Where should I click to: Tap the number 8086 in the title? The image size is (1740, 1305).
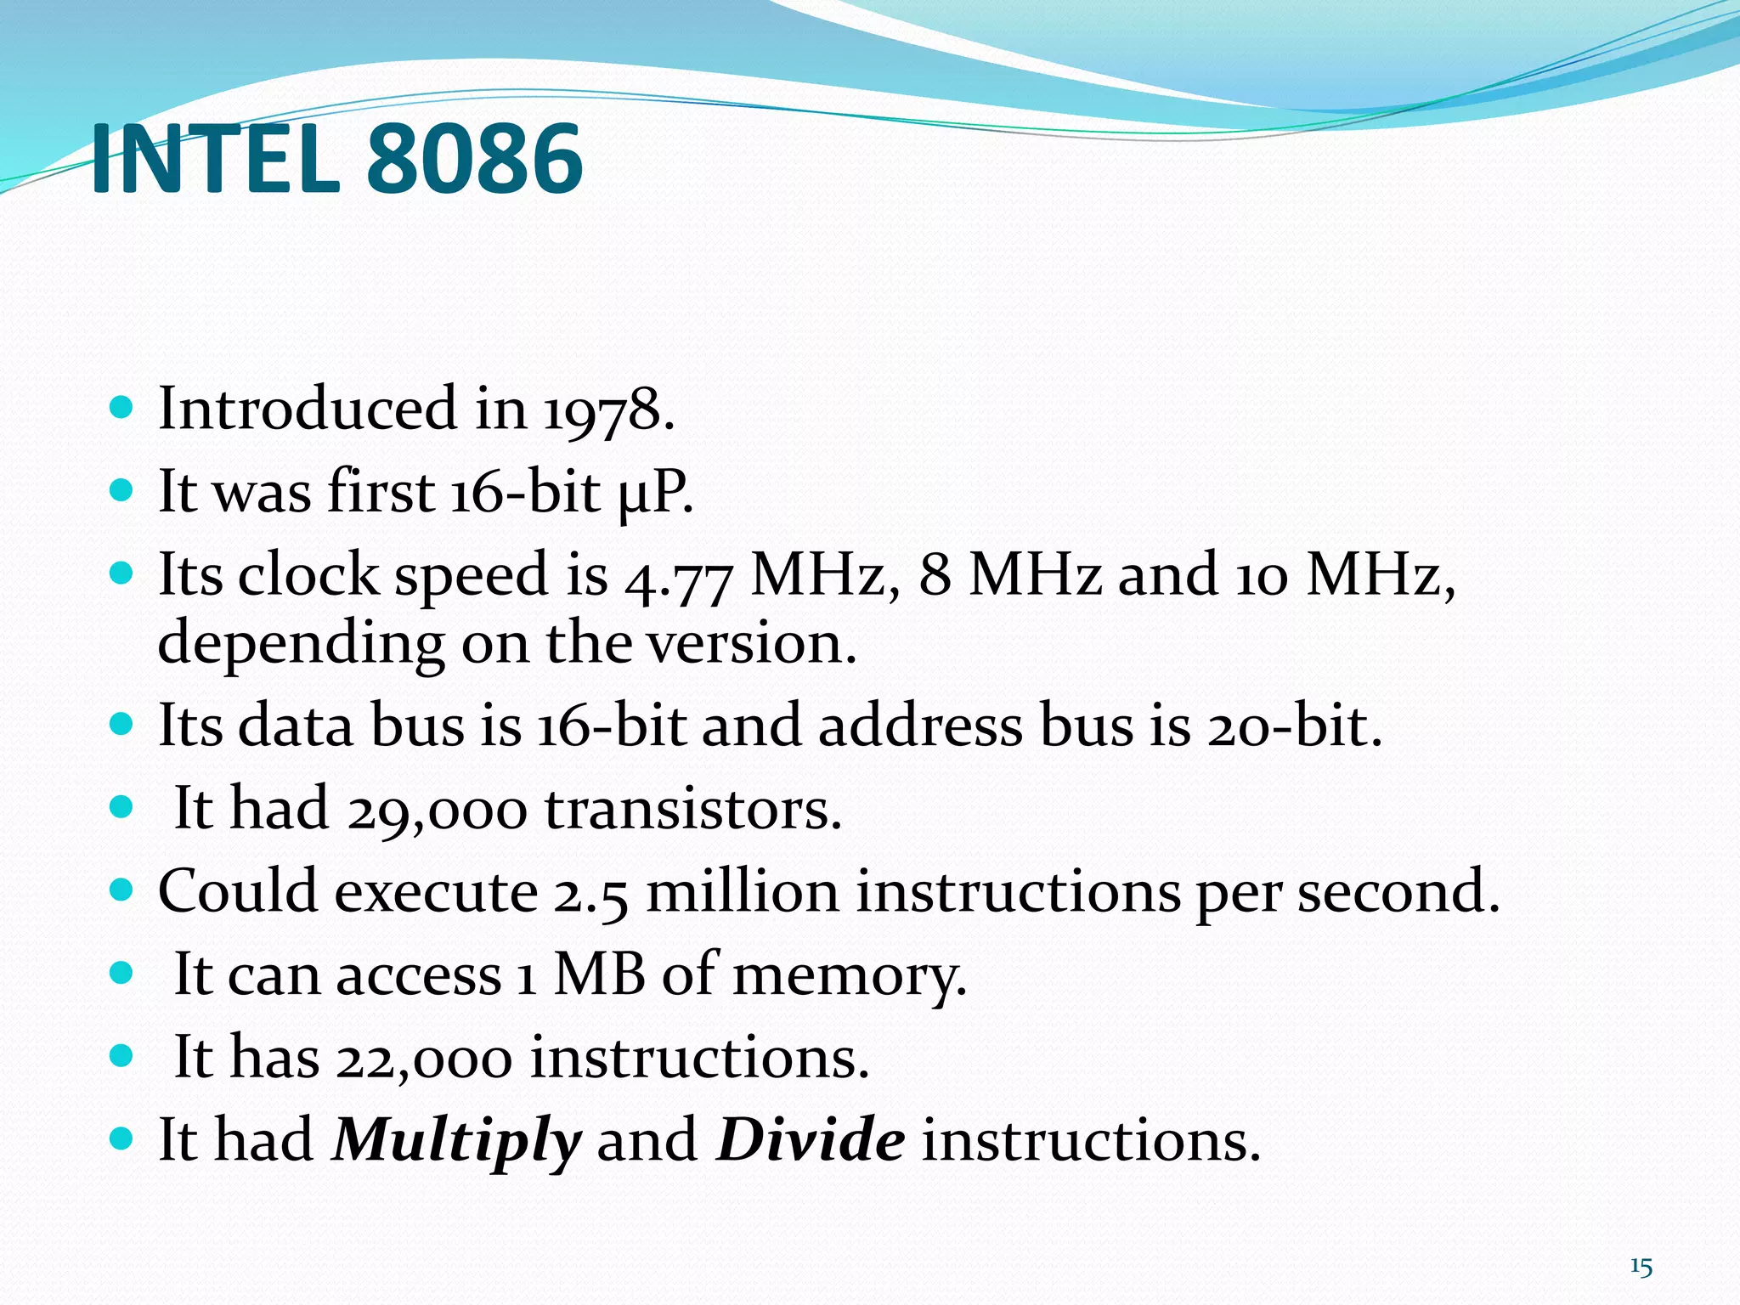coord(474,160)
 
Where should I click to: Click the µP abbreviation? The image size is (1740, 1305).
coord(654,493)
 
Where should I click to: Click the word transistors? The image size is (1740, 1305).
coord(692,810)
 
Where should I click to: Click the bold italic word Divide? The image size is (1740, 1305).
coord(811,1140)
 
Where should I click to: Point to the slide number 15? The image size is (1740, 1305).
coord(1641,1268)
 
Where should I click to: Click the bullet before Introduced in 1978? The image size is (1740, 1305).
coord(122,409)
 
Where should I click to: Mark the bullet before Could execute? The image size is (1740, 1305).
coord(122,890)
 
